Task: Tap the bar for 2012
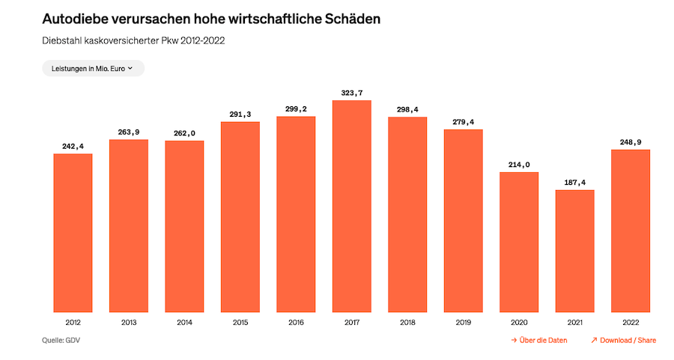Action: [x=73, y=233]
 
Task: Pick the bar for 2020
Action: [x=519, y=242]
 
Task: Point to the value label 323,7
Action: [x=352, y=92]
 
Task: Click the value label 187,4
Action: [x=574, y=182]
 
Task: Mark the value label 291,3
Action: [x=240, y=114]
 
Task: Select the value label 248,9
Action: [x=631, y=141]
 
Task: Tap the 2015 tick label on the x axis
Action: [x=240, y=322]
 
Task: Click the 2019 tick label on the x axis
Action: [x=463, y=322]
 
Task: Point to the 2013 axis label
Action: [x=129, y=322]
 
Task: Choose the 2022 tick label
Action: [x=631, y=322]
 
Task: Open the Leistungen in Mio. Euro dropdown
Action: [x=93, y=68]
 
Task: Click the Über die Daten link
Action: [x=539, y=340]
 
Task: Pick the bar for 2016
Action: [x=296, y=214]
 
